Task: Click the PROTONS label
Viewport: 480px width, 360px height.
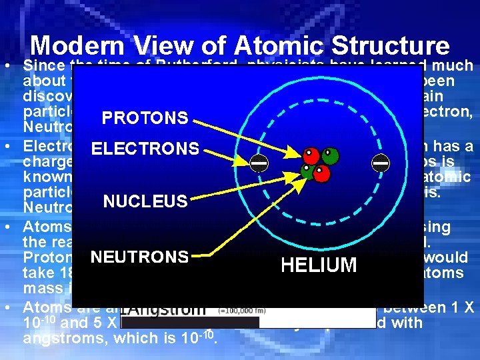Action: tap(145, 118)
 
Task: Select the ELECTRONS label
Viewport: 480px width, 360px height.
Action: tap(145, 149)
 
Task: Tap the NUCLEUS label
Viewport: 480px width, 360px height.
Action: tap(145, 201)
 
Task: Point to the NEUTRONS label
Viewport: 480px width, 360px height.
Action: tap(140, 257)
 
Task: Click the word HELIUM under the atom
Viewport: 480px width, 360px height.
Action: tap(319, 265)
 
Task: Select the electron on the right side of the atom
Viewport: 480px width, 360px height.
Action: tap(381, 162)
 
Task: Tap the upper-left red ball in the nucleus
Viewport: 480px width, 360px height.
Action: tap(310, 156)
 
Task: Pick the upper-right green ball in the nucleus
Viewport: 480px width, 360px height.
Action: tap(329, 156)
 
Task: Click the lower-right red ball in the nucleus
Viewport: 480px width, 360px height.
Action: tap(322, 173)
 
